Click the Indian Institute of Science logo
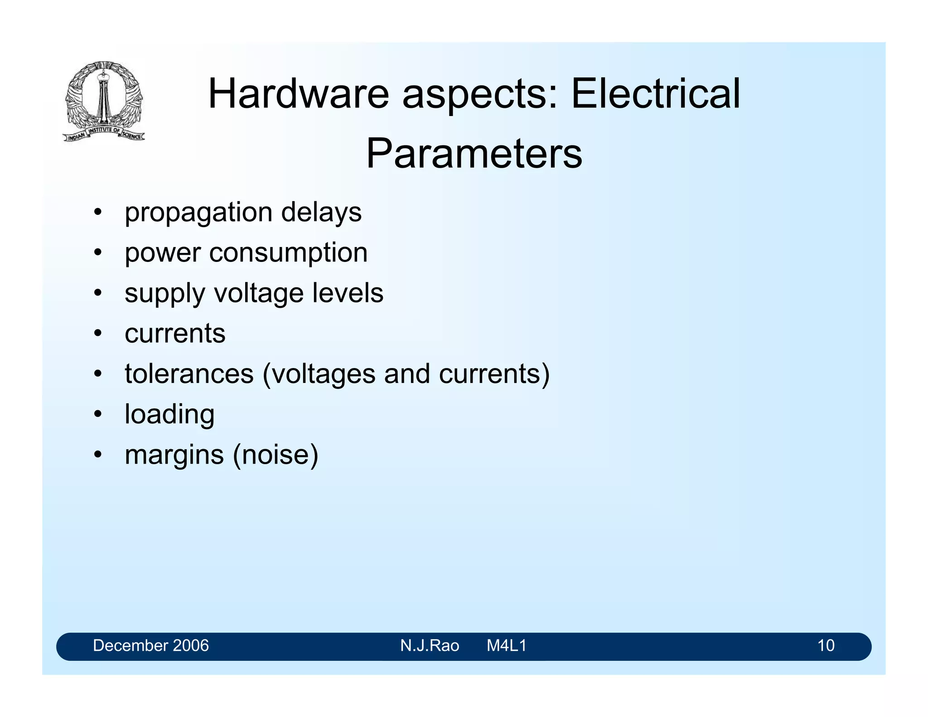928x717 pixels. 104,101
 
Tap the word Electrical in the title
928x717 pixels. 655,94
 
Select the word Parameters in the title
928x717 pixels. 474,154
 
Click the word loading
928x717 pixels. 169,414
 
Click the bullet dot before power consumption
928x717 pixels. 97,253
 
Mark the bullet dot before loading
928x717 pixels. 97,414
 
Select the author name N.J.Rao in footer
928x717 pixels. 430,645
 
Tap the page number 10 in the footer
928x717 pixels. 826,645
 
